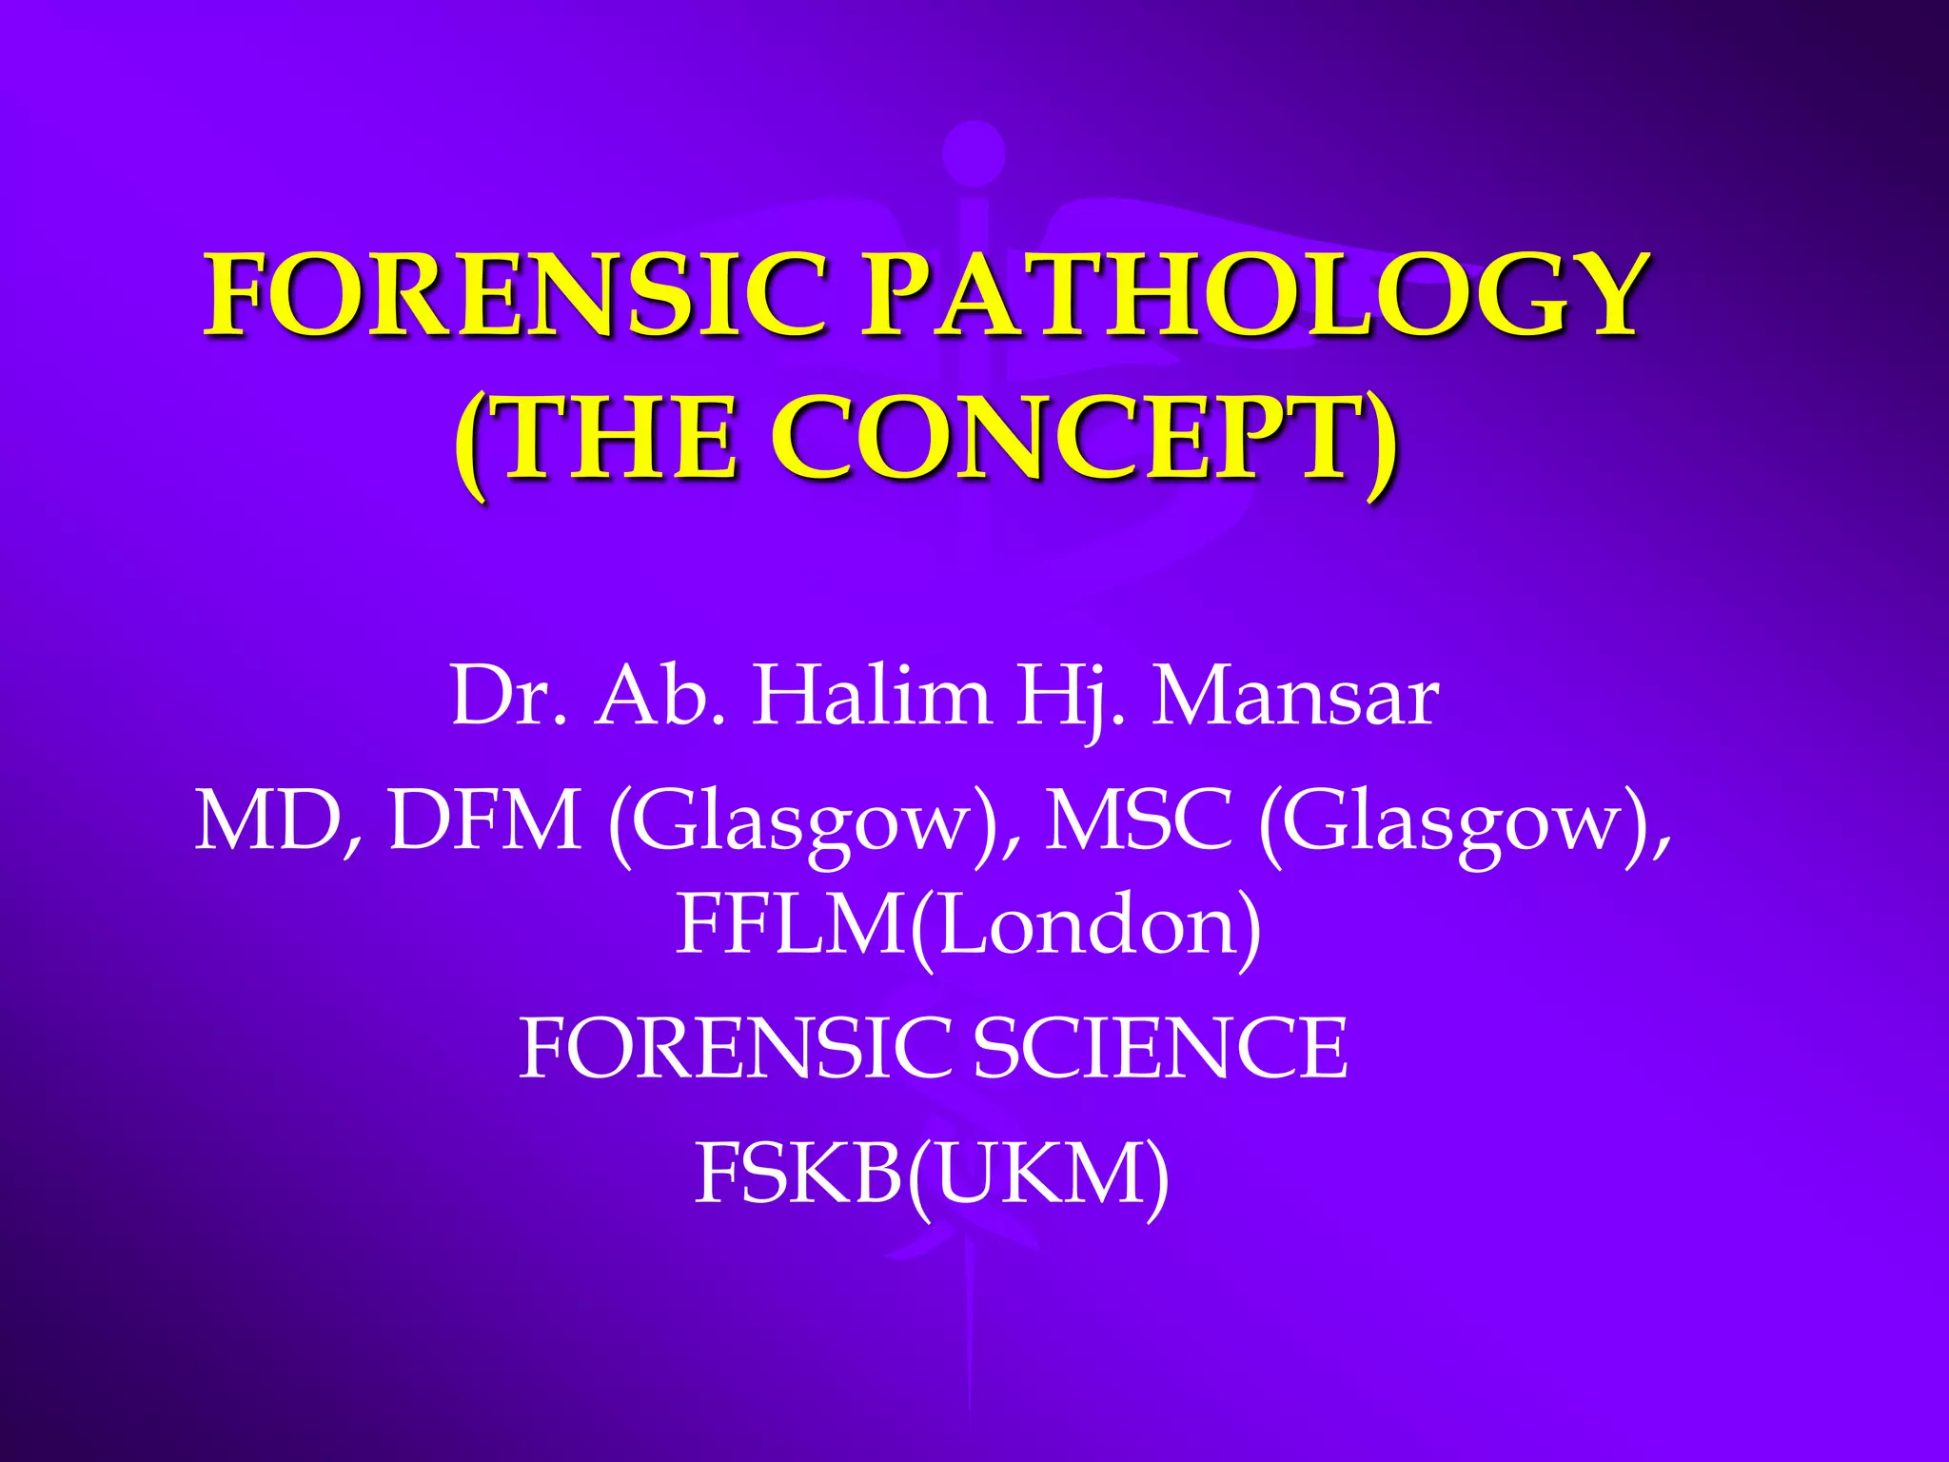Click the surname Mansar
coord(1295,697)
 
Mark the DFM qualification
coord(485,820)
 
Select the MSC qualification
coord(1138,820)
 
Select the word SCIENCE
coord(1160,1047)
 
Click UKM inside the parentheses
coord(1037,1173)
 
